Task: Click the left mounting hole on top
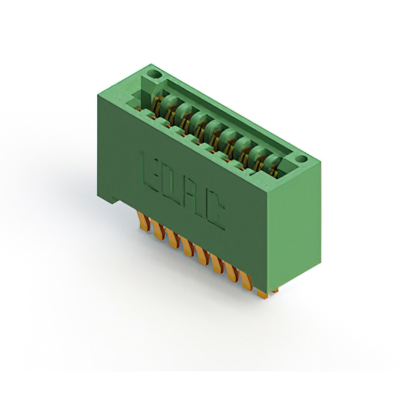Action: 154,74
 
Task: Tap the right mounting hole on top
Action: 301,159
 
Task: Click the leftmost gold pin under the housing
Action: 144,220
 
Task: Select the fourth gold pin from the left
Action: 188,246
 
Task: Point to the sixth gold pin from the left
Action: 217,263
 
